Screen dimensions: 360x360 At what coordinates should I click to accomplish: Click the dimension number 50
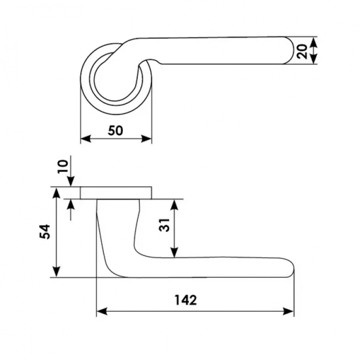point(116,131)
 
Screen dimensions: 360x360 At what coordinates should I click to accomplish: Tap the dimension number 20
point(302,51)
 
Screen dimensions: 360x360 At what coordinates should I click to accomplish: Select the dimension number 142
point(186,300)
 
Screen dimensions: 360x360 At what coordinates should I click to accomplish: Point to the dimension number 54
point(45,231)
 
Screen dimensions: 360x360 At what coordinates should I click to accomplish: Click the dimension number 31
point(165,225)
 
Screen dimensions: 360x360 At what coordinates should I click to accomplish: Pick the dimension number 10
point(63,167)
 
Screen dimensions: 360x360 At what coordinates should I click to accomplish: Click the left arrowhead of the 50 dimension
point(86,139)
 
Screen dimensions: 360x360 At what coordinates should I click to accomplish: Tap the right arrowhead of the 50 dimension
point(146,139)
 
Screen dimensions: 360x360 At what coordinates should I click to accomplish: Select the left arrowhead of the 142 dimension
point(102,311)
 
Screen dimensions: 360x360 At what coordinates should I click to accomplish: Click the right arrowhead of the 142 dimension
point(289,311)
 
